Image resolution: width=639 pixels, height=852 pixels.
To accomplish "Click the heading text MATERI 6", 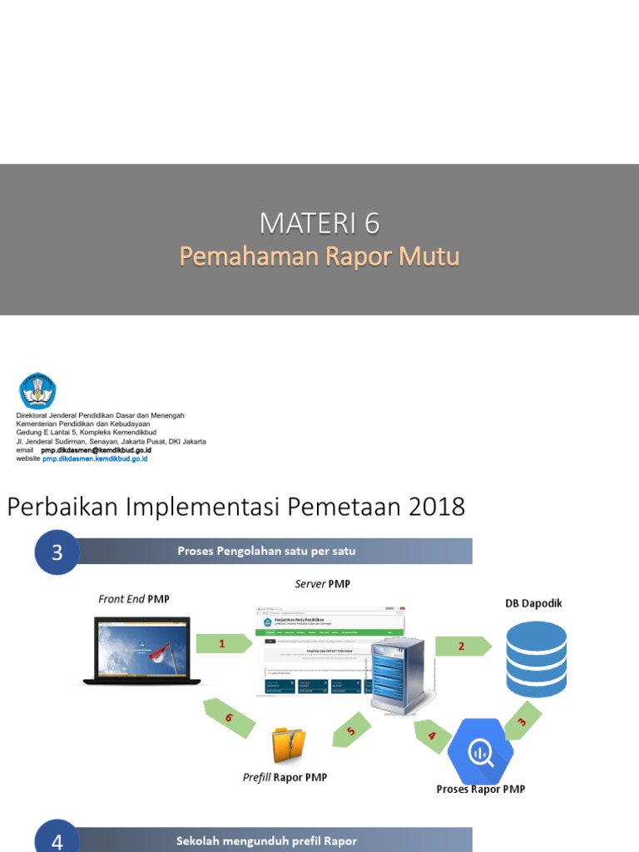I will (x=319, y=223).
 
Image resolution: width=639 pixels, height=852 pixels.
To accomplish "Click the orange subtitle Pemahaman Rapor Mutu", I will (x=319, y=256).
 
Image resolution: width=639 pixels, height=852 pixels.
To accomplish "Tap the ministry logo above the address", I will (x=37, y=390).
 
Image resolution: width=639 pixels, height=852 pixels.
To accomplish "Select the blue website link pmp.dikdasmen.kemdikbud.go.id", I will (x=95, y=458).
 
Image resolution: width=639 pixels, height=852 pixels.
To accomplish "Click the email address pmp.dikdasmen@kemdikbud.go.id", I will (x=96, y=449).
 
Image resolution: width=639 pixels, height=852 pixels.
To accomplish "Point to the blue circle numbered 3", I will (x=57, y=552).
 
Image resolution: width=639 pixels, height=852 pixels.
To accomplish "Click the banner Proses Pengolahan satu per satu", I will (x=266, y=551).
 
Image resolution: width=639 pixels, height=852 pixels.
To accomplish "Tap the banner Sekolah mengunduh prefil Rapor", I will (x=266, y=840).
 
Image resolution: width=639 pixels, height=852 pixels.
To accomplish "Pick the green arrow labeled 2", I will (x=463, y=646).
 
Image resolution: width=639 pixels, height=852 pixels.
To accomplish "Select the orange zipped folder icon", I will (x=289, y=745).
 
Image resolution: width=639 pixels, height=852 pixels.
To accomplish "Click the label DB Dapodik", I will (x=533, y=603).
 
